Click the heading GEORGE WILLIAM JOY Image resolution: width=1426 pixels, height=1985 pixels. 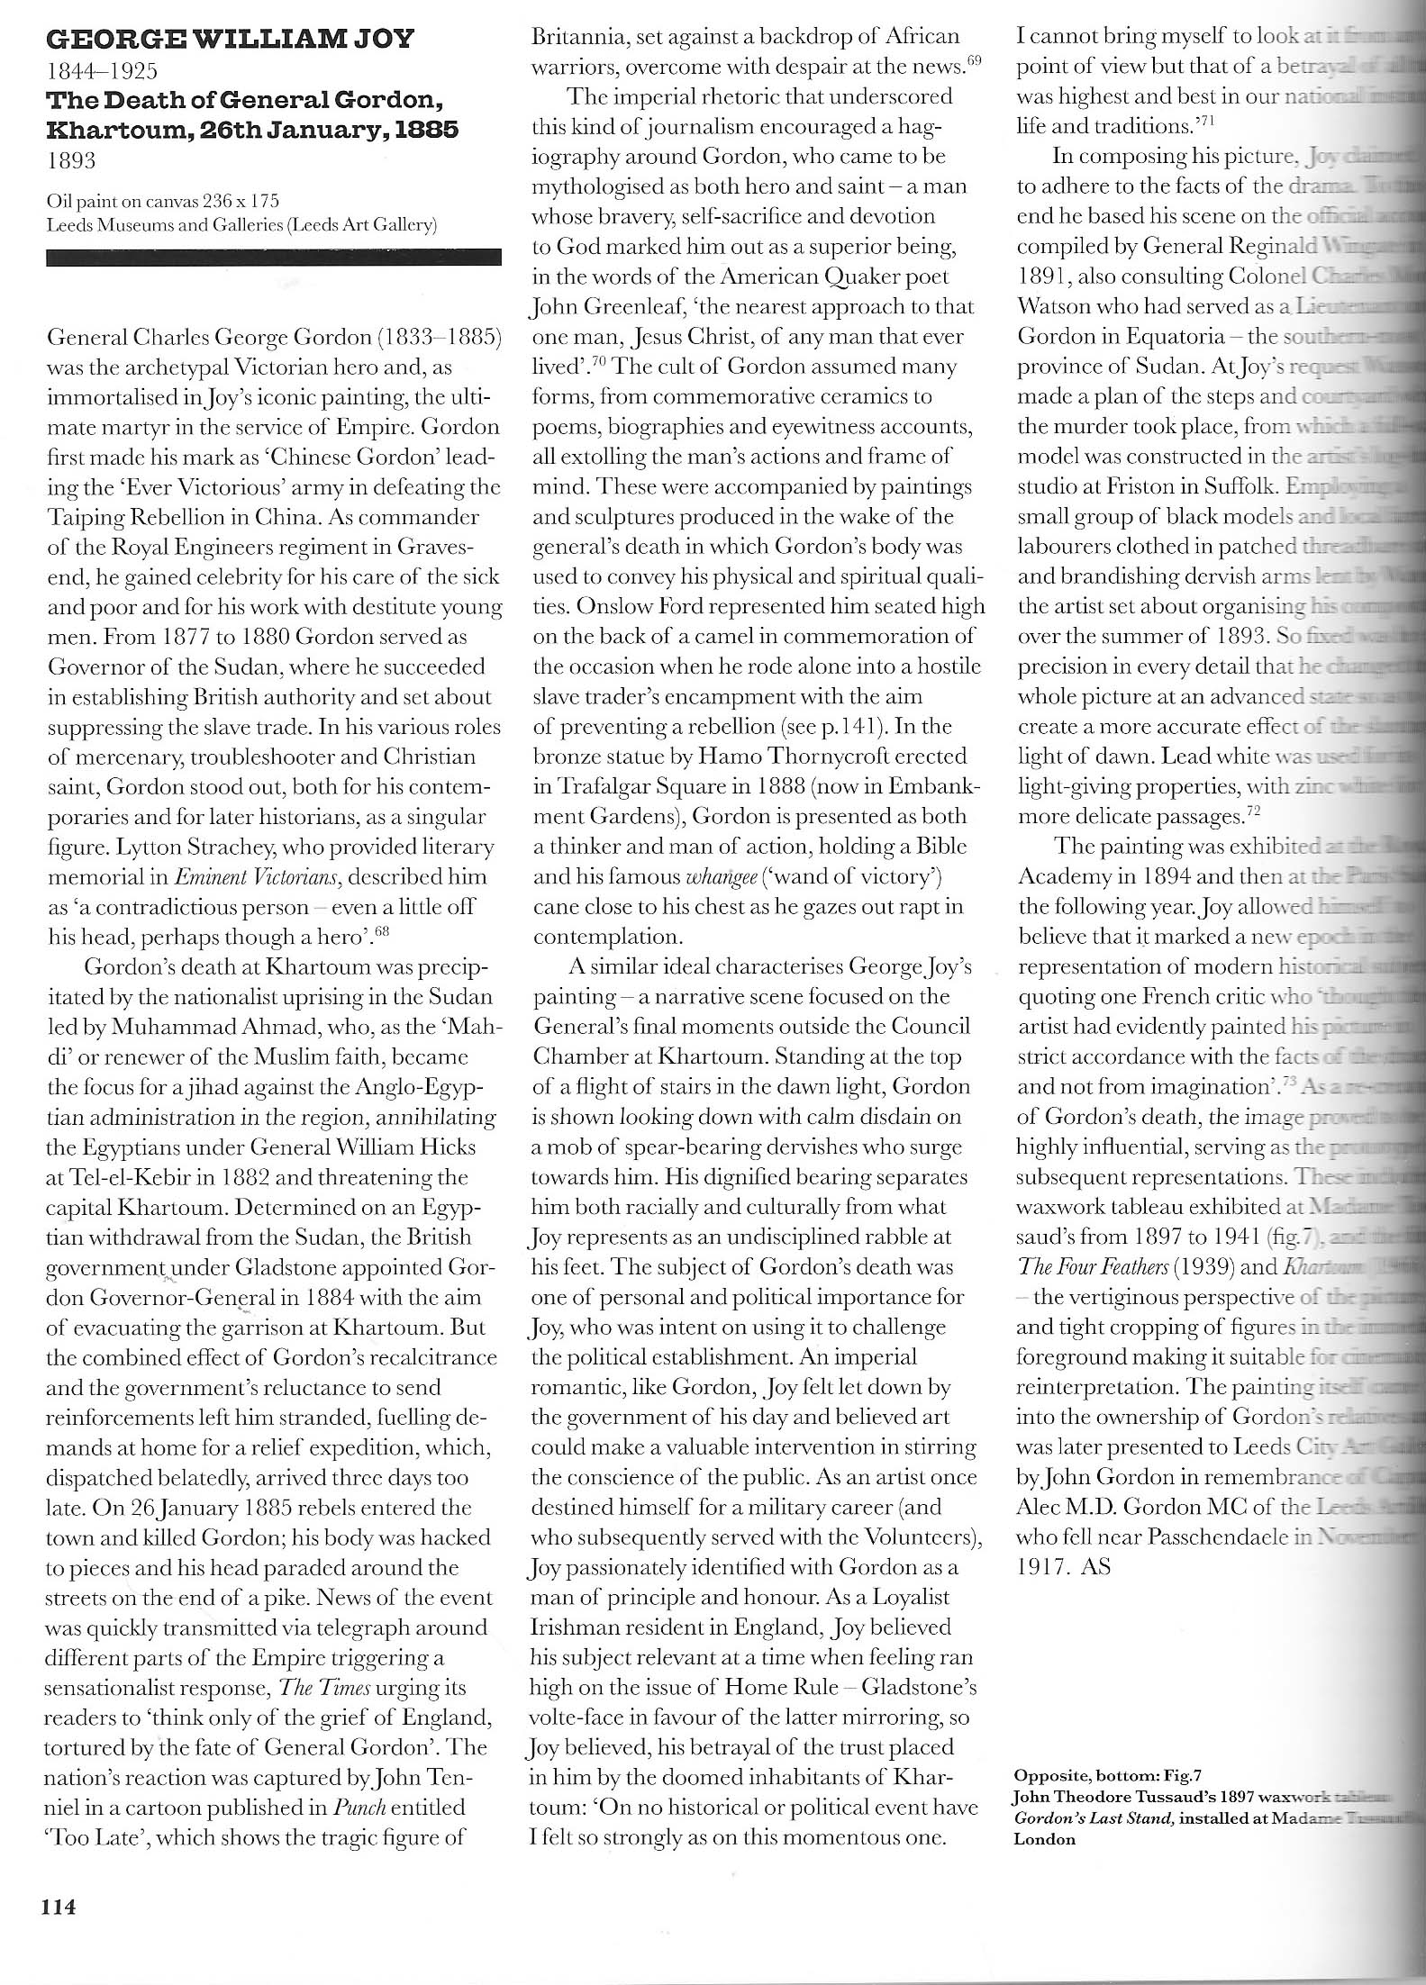[x=230, y=40]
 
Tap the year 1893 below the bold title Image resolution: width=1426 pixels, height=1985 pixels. [x=71, y=161]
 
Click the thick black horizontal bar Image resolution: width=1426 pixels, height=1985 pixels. [x=273, y=258]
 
